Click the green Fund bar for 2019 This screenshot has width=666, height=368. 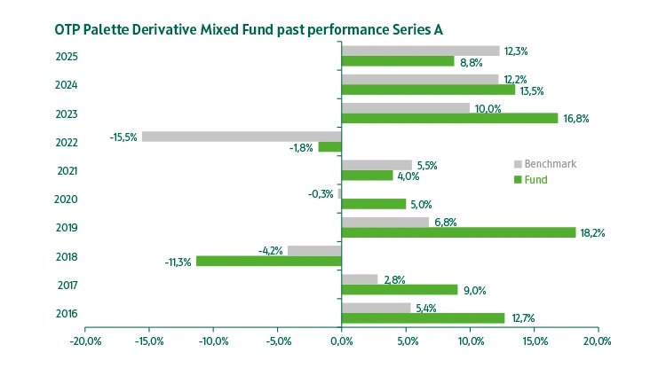tap(458, 232)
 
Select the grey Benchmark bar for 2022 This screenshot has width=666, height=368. tap(242, 137)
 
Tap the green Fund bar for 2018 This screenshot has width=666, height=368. tap(268, 261)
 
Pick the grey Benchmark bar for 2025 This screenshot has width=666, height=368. tap(420, 51)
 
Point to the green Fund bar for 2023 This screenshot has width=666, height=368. tap(449, 118)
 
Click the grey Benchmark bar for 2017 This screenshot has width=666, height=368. tap(360, 279)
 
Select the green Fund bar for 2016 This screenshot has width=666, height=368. tap(423, 317)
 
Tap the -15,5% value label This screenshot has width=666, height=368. tap(123, 137)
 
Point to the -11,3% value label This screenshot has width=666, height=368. tap(178, 262)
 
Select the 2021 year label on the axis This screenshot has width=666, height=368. tap(67, 171)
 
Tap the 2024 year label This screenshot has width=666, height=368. tap(67, 85)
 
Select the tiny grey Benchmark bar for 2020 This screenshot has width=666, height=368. tap(340, 193)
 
